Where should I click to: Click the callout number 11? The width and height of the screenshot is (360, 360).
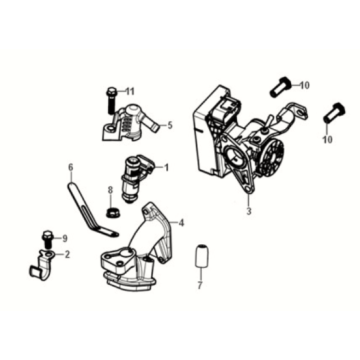129,91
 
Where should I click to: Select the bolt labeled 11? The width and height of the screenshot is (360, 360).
112,101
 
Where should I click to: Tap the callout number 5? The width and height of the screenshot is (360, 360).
170,125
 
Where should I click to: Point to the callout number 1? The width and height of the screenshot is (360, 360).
166,167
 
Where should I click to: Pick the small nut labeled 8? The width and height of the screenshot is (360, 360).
111,212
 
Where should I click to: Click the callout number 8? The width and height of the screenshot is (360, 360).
110,190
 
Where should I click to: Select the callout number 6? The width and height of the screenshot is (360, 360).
71,167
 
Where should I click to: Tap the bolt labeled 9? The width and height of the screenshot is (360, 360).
47,239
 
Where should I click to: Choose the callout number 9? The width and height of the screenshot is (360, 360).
65,238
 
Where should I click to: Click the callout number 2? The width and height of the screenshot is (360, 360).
67,255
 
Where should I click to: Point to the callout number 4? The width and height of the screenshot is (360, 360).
181,222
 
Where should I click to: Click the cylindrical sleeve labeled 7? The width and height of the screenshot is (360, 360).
201,257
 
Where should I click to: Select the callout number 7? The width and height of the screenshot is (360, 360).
200,285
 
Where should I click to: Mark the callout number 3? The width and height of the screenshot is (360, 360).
249,211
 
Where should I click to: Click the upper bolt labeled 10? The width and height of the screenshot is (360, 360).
279,86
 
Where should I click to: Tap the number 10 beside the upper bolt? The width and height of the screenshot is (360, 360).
305,86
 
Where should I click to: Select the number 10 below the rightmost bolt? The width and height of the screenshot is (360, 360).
328,139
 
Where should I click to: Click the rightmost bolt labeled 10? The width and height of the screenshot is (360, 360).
334,114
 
